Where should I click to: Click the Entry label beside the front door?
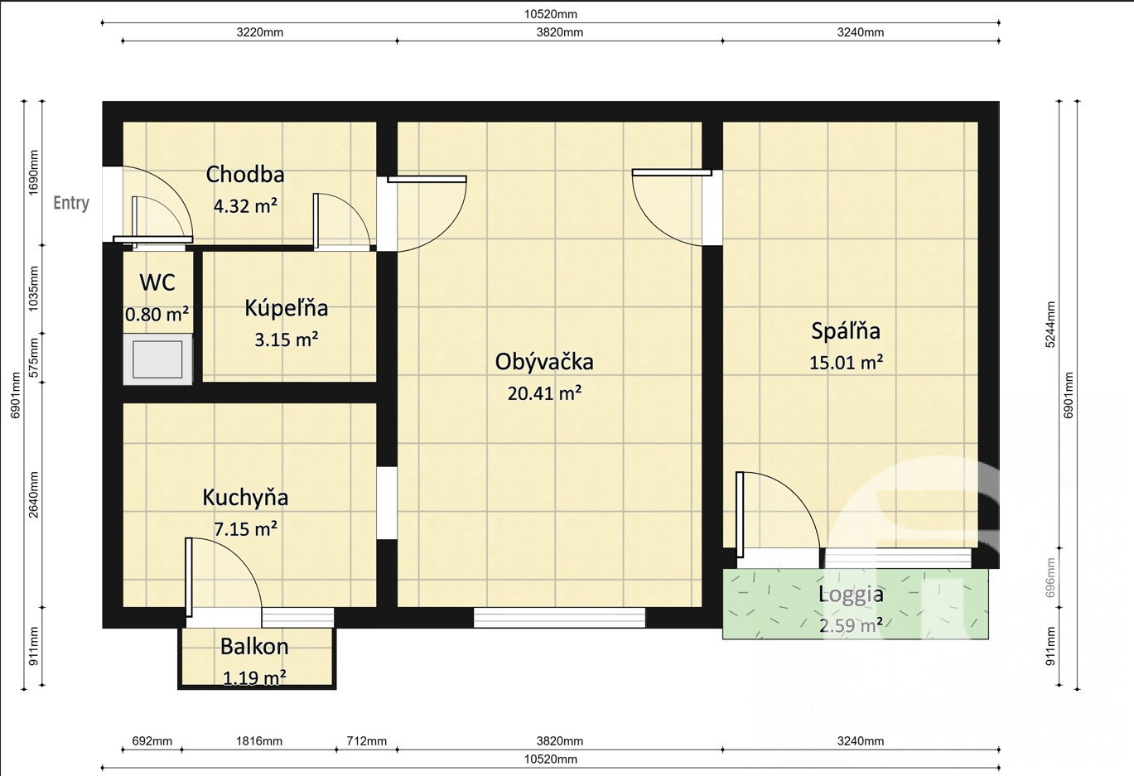(71, 203)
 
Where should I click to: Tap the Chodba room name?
(245, 174)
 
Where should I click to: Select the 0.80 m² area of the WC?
(157, 315)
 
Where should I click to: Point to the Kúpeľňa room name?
(286, 308)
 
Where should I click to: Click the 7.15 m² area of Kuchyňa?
(245, 529)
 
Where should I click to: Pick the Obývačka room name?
(544, 361)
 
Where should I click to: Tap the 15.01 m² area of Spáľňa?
(847, 363)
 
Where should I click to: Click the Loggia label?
(851, 595)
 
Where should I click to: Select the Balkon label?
(254, 647)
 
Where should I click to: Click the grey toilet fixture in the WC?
(157, 359)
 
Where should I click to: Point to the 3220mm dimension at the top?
(260, 32)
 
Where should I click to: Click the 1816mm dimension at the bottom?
(259, 741)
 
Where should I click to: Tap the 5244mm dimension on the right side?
(1050, 325)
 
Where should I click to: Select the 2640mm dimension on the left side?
(33, 495)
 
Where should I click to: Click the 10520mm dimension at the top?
(550, 14)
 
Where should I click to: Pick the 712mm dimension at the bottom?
(366, 741)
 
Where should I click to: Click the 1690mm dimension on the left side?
(33, 172)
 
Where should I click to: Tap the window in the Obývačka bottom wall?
(559, 618)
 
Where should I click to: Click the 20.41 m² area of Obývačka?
(544, 393)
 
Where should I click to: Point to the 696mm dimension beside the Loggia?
(1050, 577)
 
